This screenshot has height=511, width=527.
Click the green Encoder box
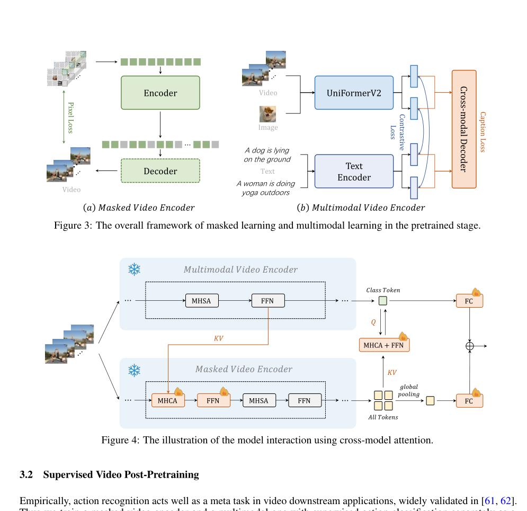(x=160, y=93)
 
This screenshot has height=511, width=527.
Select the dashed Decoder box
(x=160, y=171)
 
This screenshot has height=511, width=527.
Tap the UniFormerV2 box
(x=354, y=93)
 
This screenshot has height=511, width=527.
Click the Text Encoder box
(x=354, y=172)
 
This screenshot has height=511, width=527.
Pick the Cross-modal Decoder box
(x=464, y=129)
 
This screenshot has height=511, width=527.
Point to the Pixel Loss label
(x=70, y=118)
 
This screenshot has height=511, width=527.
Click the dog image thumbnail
(x=267, y=114)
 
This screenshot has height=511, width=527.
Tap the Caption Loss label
(x=483, y=131)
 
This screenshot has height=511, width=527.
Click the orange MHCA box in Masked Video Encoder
(x=167, y=401)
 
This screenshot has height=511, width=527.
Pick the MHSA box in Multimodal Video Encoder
(x=201, y=301)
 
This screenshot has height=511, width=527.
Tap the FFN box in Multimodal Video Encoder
(x=267, y=301)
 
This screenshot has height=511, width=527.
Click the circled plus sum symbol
(x=469, y=346)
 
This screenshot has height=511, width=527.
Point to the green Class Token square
(x=383, y=301)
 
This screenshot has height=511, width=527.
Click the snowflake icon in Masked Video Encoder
(x=135, y=370)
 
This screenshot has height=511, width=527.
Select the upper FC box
(x=469, y=301)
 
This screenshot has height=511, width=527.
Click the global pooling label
(x=409, y=390)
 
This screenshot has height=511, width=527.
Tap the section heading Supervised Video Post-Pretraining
(x=121, y=474)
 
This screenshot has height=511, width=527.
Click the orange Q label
(x=373, y=322)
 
